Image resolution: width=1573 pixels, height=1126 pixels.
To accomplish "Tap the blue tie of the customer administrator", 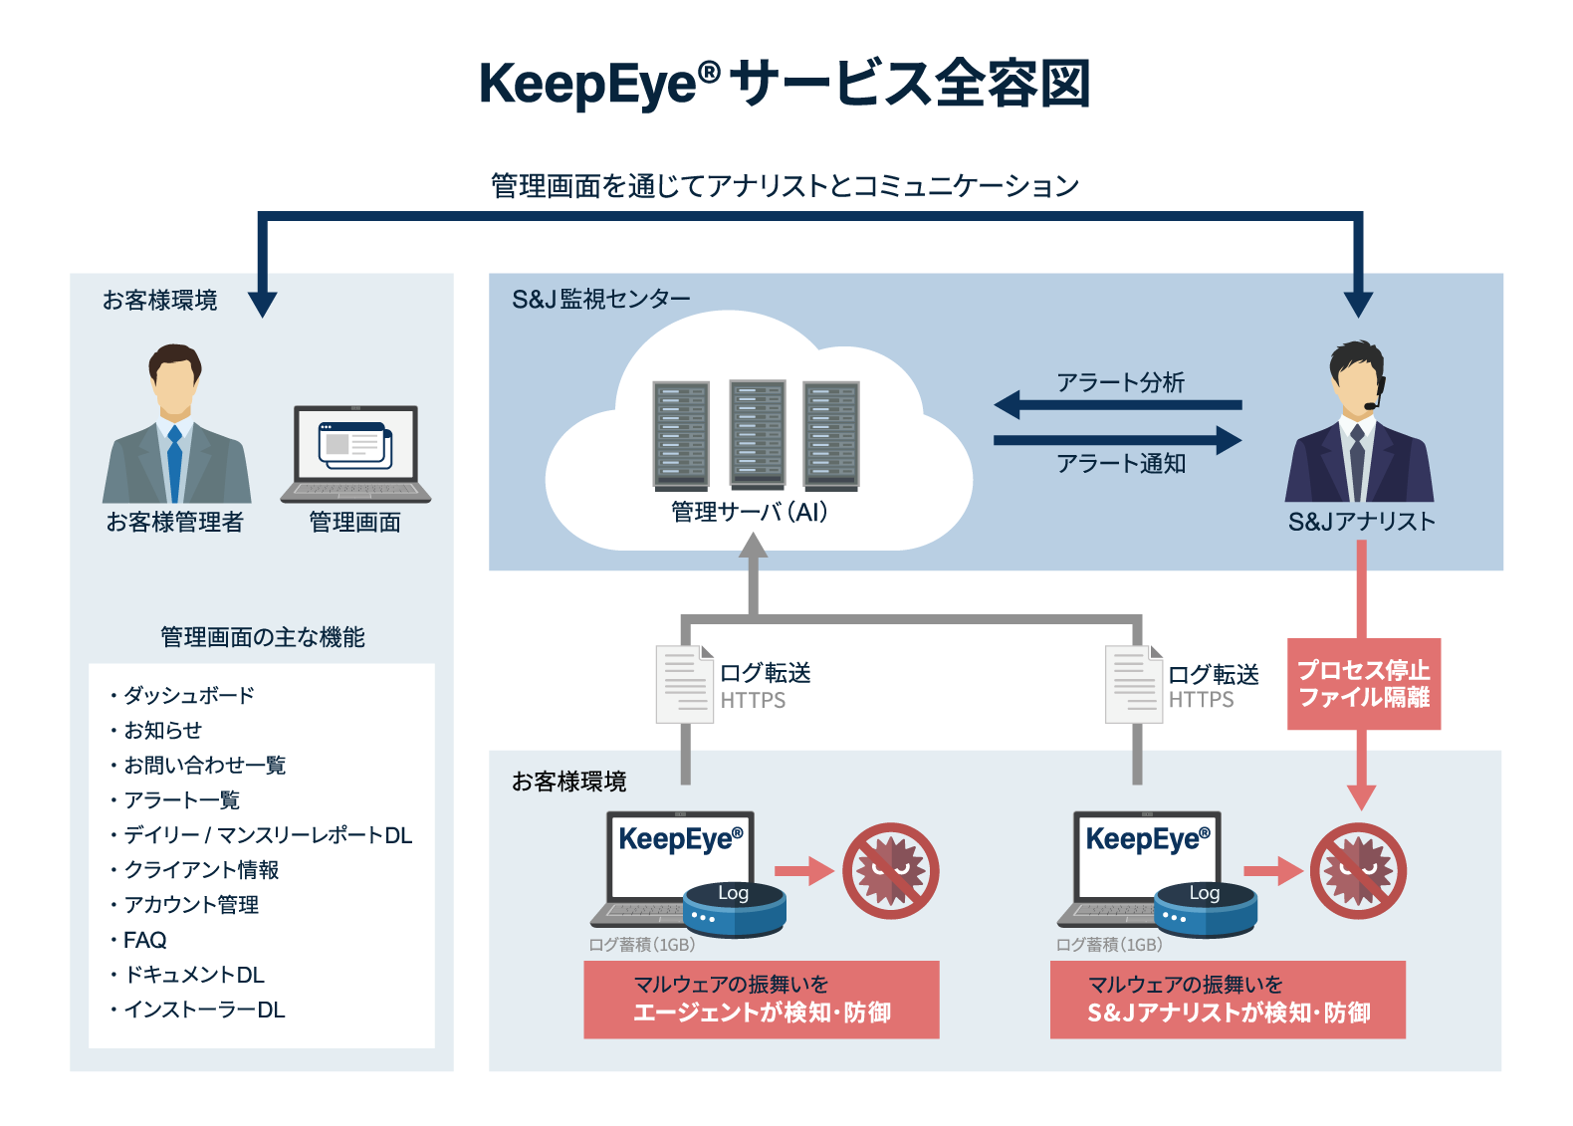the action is pos(175,463).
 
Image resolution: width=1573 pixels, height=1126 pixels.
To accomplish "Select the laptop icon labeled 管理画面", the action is pos(356,454).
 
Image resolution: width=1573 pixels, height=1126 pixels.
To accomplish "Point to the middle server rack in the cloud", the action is pos(757,433).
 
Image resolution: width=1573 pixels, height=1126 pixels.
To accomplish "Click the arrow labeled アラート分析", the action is pos(1118,404).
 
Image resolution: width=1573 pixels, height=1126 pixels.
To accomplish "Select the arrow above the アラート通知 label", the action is pos(1118,440).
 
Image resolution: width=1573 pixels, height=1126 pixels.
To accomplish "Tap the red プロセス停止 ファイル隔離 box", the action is pos(1364,684).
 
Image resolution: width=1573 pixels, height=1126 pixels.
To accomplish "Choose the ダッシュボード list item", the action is pos(182,695).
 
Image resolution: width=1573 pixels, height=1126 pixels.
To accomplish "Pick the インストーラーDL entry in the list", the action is pos(198,1010).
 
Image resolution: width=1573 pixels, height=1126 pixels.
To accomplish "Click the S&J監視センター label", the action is pos(601,300).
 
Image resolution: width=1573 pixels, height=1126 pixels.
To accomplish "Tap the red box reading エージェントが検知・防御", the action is pos(762,999).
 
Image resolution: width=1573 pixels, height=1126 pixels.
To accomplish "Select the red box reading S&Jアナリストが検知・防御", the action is pos(1228,999).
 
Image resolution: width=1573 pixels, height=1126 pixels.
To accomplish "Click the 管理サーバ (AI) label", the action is pos(750,512).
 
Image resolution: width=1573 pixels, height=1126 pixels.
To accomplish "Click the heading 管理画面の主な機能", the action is pos(263,637).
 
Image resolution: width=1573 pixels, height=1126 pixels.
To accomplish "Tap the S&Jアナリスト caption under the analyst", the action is pos(1361,522).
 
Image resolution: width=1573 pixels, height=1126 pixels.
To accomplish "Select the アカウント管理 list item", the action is pos(185,905).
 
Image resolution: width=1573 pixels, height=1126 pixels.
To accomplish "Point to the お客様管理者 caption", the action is pos(175,522).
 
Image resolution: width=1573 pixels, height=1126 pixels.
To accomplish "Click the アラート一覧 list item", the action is pos(175,800).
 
